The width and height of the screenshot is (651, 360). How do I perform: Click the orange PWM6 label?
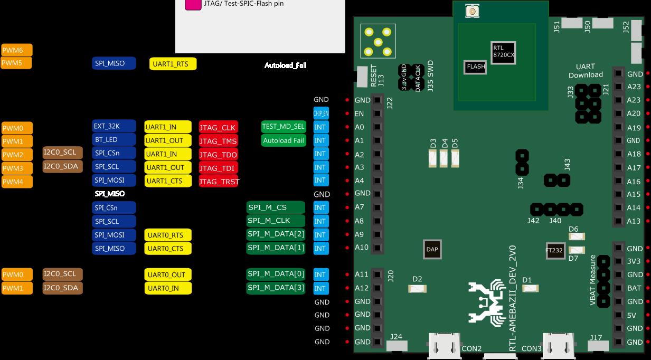coord(16,50)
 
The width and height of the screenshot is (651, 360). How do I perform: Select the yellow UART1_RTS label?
coord(173,64)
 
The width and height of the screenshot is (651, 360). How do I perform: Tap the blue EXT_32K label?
coord(114,127)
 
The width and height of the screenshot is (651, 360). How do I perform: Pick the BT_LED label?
coord(114,140)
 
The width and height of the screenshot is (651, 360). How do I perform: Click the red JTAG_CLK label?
coord(218,127)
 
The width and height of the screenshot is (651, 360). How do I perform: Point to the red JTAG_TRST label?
coord(219,181)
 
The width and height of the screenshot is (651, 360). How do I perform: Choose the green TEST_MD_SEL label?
coord(284,127)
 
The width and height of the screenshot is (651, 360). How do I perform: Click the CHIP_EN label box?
coord(321,113)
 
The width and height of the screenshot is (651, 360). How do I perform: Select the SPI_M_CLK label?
coord(276,221)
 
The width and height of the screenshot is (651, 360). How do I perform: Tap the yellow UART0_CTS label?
coord(167,248)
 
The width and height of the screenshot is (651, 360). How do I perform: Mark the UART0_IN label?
coord(167,288)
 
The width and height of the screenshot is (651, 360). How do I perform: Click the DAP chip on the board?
coord(432,249)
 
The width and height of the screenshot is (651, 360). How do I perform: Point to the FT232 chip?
coord(554,251)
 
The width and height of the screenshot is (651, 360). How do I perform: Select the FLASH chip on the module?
coord(475,67)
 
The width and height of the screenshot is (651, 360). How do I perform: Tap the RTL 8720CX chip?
coord(503,52)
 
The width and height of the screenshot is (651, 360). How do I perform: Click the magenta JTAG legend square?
coord(193,4)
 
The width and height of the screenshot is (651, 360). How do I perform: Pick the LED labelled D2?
coord(418,289)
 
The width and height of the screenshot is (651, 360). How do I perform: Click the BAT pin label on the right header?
coord(634,288)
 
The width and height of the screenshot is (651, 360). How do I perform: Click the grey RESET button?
coord(362,76)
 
